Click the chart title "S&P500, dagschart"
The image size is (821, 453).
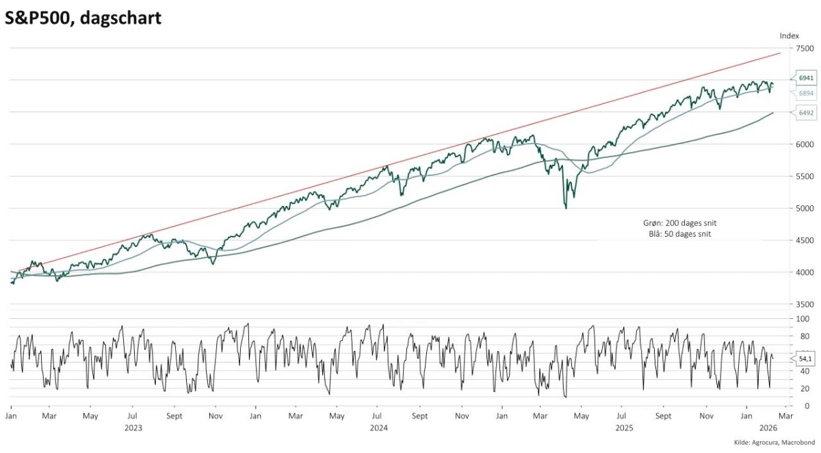83,18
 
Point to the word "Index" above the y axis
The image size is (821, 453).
789,35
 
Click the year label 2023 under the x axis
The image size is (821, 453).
133,428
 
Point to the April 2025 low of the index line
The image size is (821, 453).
565,207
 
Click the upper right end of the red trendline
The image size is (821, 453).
780,53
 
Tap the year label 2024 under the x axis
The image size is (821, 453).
378,428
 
